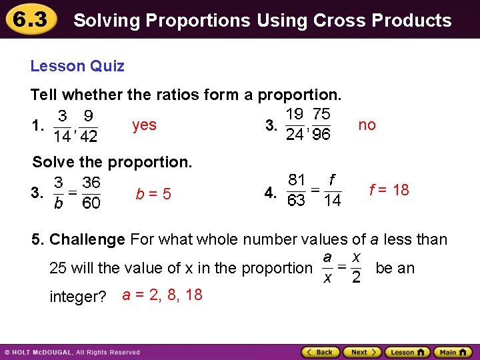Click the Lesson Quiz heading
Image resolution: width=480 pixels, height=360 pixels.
[x=77, y=66]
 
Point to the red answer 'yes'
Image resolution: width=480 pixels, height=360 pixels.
[x=145, y=125]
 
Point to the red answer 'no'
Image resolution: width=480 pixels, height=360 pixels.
[x=367, y=125]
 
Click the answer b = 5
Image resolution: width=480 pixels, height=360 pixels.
[x=153, y=194]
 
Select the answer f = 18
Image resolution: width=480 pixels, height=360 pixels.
[x=389, y=190]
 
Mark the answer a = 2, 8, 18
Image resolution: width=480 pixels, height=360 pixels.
[x=163, y=295]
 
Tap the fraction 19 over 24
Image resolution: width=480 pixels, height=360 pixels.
[x=294, y=125]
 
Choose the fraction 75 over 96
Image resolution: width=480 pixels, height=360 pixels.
[x=321, y=125]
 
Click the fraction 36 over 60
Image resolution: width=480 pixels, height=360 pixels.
[x=91, y=193]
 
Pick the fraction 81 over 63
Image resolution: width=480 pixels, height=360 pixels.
[x=297, y=190]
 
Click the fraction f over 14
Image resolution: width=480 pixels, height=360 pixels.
[x=331, y=190]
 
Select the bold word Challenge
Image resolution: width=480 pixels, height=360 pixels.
[x=87, y=239]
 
